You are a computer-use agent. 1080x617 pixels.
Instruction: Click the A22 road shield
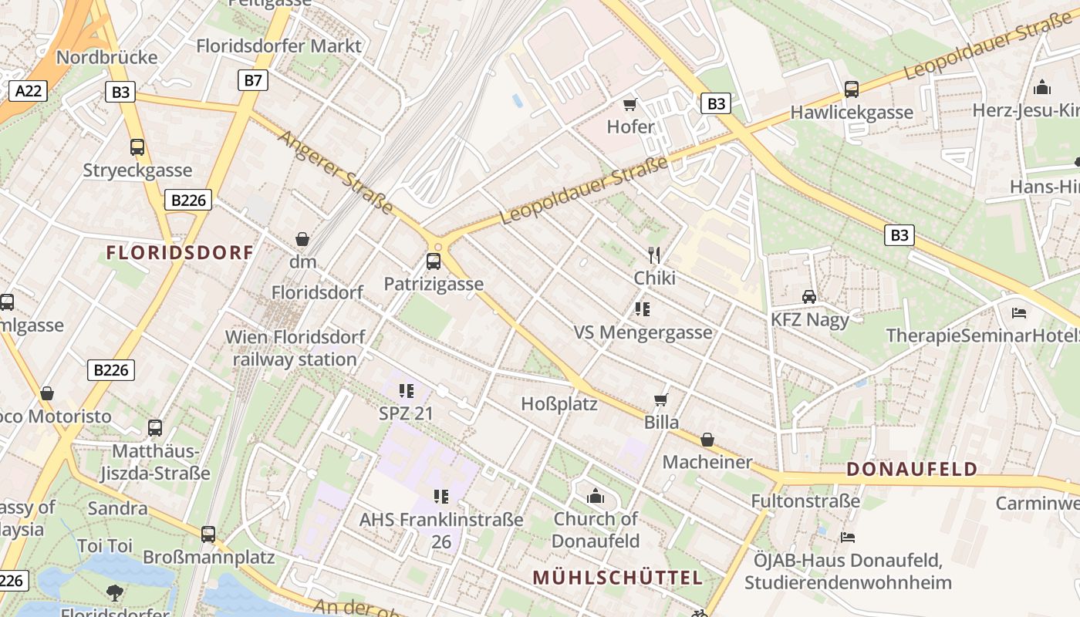pyautogui.click(x=29, y=91)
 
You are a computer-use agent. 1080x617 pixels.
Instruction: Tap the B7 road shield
pyautogui.click(x=252, y=80)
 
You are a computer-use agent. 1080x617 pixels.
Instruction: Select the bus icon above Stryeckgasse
pyautogui.click(x=137, y=147)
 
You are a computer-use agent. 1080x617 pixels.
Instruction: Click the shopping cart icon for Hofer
pyautogui.click(x=630, y=104)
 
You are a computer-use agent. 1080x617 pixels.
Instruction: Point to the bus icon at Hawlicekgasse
pyautogui.click(x=852, y=89)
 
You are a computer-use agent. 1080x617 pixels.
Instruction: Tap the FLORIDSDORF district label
pyautogui.click(x=180, y=252)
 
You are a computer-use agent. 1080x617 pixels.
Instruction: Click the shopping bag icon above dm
pyautogui.click(x=302, y=240)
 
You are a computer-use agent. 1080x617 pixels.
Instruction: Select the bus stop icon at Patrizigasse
pyautogui.click(x=434, y=261)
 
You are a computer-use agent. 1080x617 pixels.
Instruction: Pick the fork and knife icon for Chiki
pyautogui.click(x=654, y=255)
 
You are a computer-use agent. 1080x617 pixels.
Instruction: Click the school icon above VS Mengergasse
pyautogui.click(x=642, y=309)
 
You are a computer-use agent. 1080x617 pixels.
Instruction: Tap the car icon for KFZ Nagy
pyautogui.click(x=809, y=297)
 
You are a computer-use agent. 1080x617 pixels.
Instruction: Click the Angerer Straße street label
pyautogui.click(x=336, y=173)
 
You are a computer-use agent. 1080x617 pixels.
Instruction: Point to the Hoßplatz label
pyautogui.click(x=559, y=403)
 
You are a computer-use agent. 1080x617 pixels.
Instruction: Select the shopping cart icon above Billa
pyautogui.click(x=661, y=400)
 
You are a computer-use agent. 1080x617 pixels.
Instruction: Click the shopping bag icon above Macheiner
pyautogui.click(x=707, y=440)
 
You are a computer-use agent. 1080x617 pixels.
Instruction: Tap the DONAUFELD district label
pyautogui.click(x=912, y=469)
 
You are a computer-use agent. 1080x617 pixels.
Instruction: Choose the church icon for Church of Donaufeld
pyautogui.click(x=596, y=496)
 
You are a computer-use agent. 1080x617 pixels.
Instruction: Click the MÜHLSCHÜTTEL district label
pyautogui.click(x=617, y=578)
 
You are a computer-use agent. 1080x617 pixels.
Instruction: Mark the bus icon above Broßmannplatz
pyautogui.click(x=208, y=534)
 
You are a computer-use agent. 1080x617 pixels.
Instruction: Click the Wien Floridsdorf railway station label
pyautogui.click(x=295, y=348)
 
